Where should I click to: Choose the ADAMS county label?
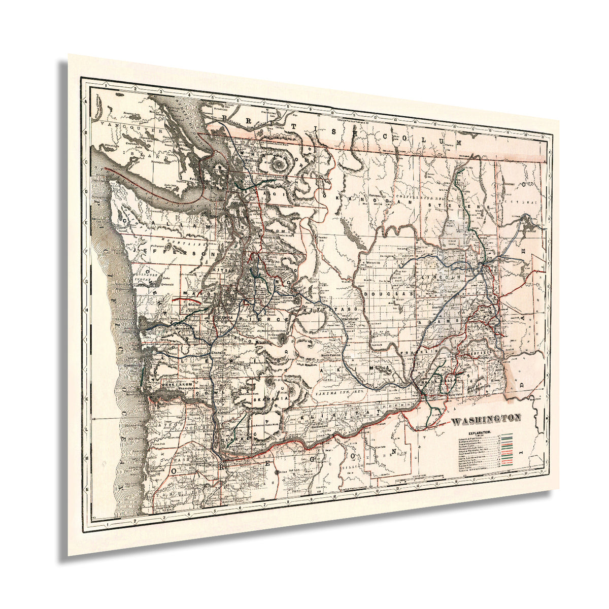pos(432,322)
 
